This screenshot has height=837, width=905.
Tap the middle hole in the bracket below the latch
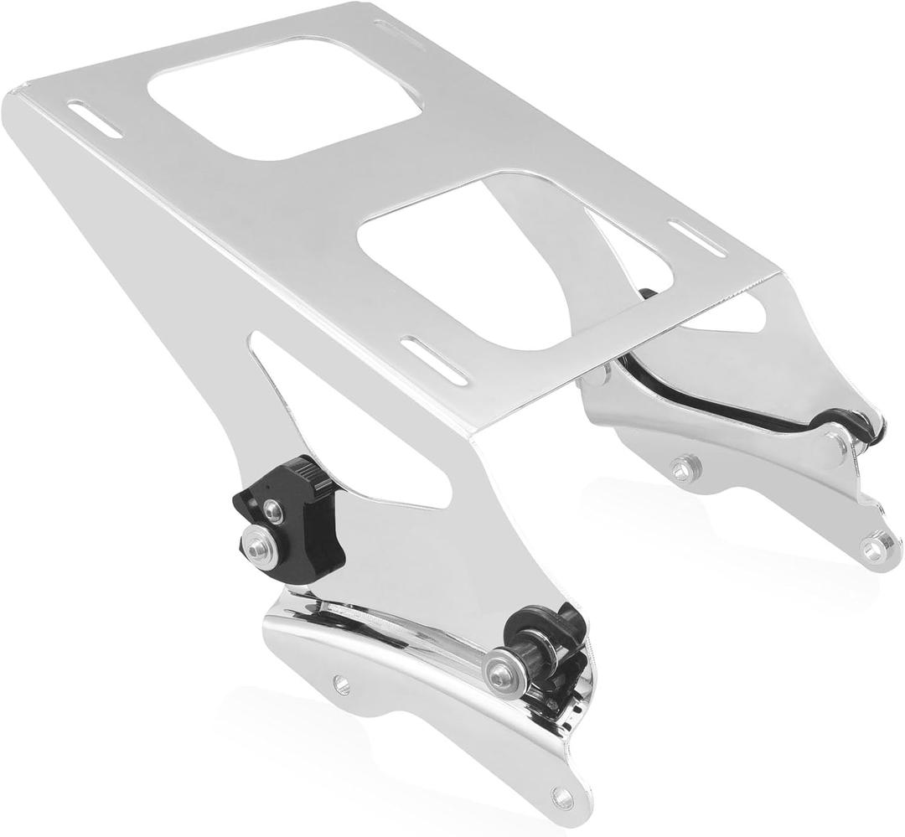(x=341, y=684)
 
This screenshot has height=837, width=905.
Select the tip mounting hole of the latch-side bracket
(x=562, y=799)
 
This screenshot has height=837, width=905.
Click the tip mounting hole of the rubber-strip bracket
(x=875, y=549)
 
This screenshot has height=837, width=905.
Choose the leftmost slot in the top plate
(x=95, y=117)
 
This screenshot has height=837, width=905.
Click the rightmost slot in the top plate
(x=696, y=238)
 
